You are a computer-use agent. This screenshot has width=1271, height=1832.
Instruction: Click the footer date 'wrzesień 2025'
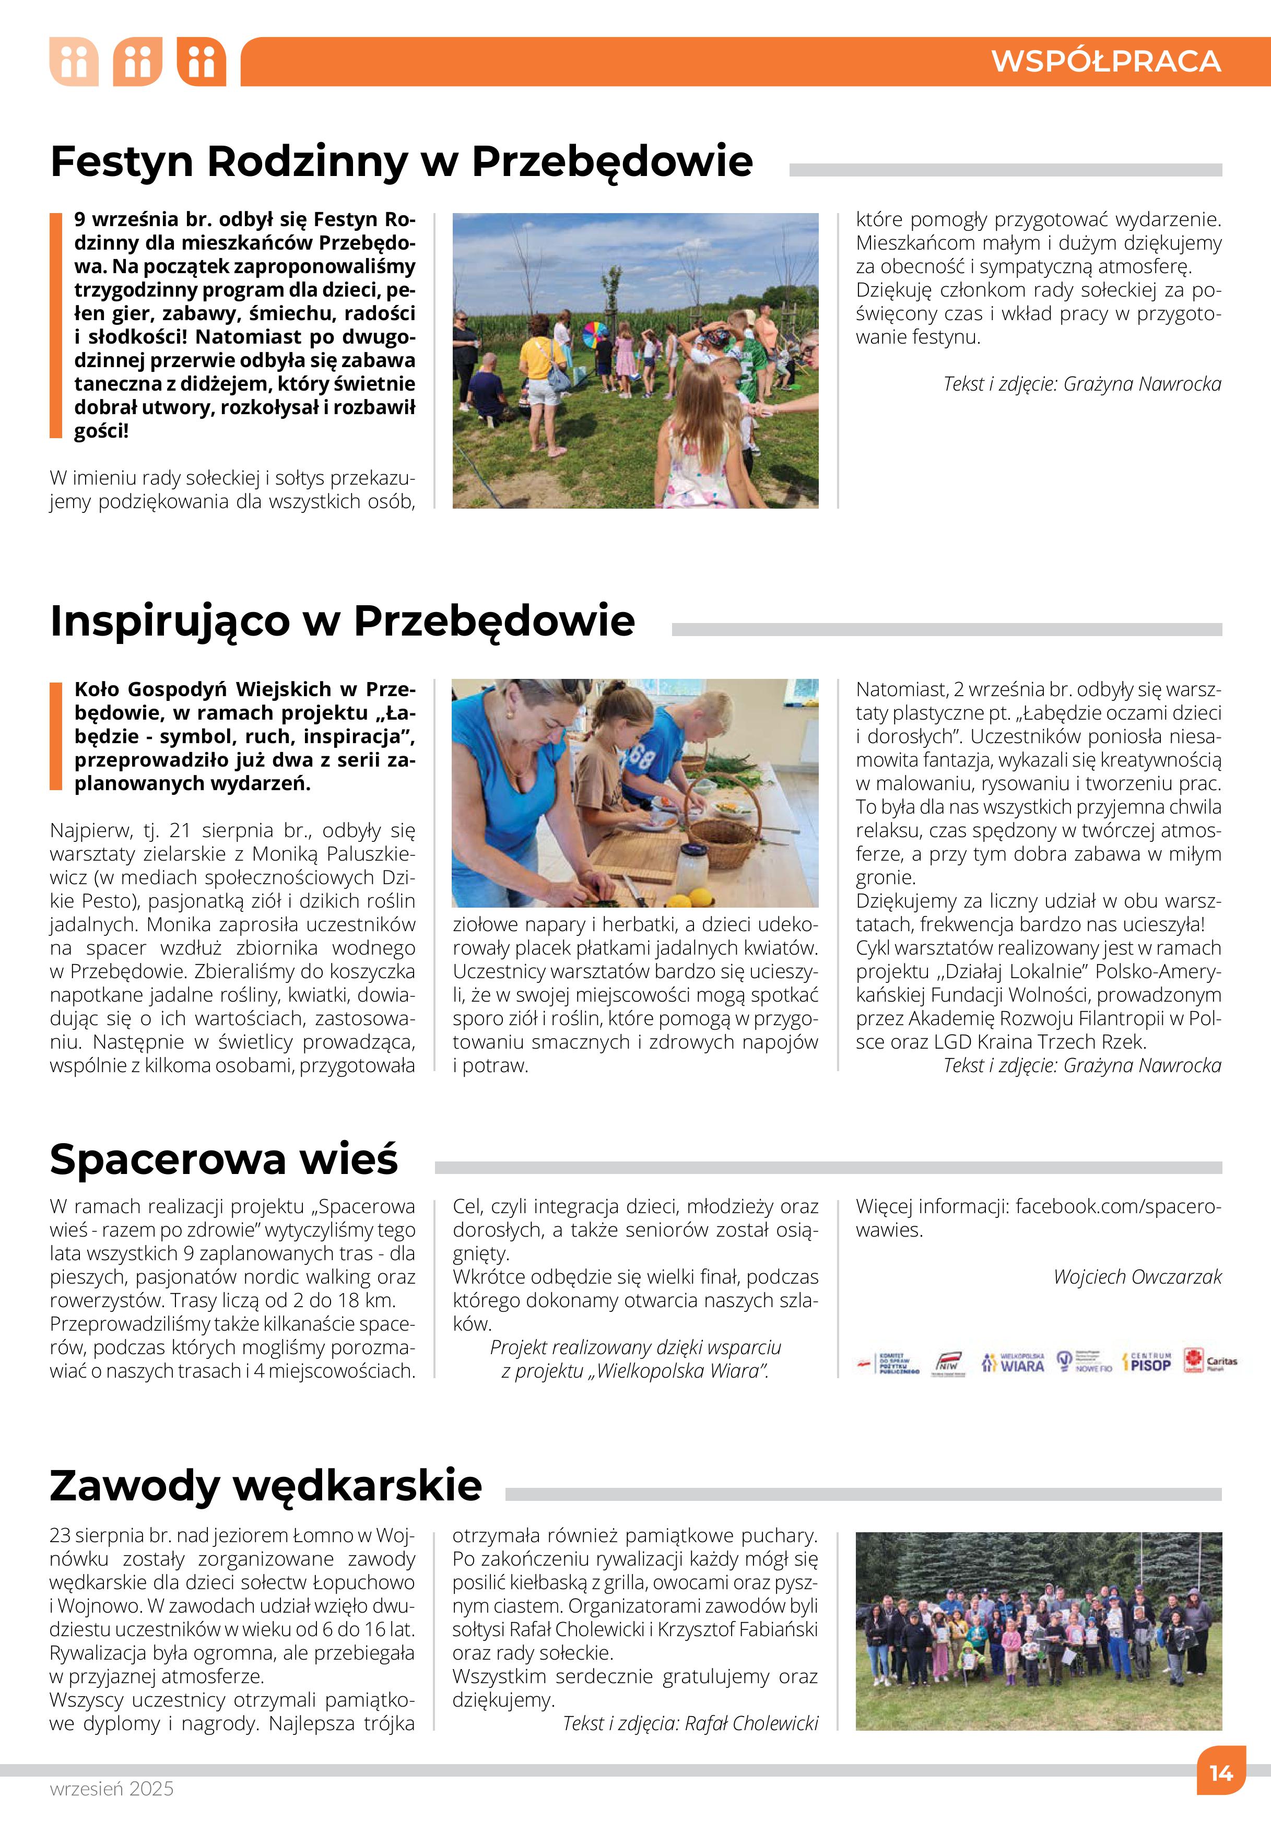[112, 1788]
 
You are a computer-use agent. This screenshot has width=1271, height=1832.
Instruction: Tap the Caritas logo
[1209, 1361]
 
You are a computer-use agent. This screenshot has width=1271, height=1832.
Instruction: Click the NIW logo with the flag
[948, 1361]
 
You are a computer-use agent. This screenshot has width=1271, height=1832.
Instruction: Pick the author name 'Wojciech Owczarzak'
[1137, 1277]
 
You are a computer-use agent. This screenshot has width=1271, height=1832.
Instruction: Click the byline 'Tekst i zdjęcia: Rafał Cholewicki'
[690, 1723]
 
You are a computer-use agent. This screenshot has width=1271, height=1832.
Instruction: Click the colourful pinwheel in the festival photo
[595, 335]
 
